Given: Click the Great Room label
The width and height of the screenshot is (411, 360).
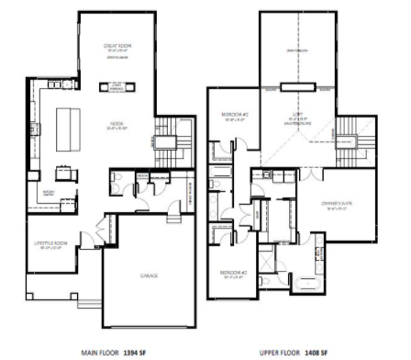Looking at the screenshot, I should point(120,46).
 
